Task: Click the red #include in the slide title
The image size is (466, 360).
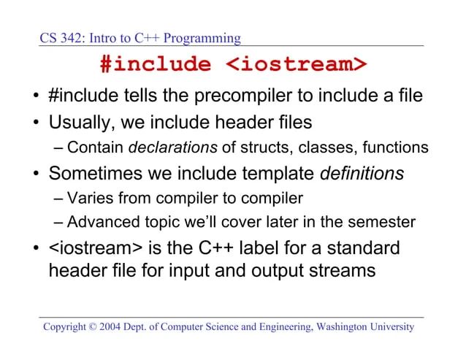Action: coord(154,64)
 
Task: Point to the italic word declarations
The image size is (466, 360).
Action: coord(173,148)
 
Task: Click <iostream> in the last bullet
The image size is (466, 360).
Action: coord(91,248)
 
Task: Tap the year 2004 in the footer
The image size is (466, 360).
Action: coord(124,326)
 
